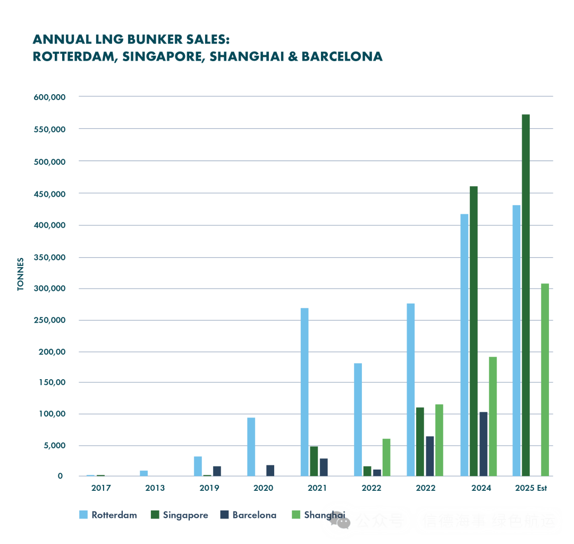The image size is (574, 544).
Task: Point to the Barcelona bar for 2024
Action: (483, 443)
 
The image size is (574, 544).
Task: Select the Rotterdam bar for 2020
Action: (251, 447)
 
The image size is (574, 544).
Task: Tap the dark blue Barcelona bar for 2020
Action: (270, 470)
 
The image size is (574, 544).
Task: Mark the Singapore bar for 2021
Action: (314, 461)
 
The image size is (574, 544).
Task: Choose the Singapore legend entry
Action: (179, 515)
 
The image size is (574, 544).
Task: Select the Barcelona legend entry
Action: (248, 515)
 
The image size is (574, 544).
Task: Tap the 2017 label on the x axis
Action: (101, 488)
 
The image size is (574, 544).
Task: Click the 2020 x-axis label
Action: (263, 488)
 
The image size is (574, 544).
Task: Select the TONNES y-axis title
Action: (21, 274)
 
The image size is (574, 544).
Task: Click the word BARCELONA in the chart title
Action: (342, 56)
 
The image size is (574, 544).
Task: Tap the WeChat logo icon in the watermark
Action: (340, 520)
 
